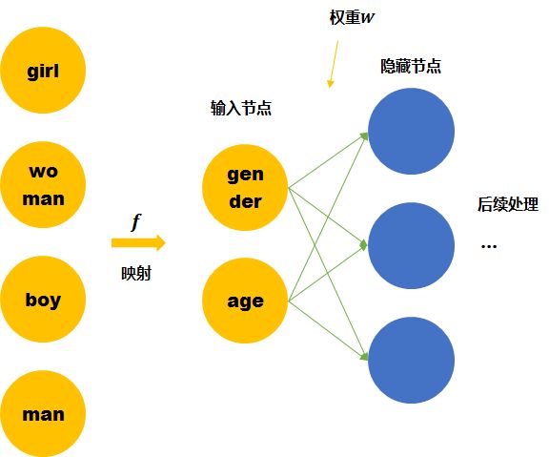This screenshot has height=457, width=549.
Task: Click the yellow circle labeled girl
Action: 43,71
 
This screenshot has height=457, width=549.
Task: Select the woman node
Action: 43,185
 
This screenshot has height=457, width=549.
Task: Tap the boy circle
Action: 43,299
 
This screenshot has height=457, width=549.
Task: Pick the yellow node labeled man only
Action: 43,413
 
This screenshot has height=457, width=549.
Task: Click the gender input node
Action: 245,188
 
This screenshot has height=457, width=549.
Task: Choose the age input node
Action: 245,301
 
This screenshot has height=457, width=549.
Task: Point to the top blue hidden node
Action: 412,131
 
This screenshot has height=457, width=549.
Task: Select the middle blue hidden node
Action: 412,245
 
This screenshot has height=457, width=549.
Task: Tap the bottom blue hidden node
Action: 412,361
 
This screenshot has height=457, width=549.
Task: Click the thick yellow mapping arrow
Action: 138,243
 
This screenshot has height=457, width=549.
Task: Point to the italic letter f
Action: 136,222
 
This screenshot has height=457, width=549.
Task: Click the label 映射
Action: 136,274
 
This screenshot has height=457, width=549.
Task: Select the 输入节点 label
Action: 241,108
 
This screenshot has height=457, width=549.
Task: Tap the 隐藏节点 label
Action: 411,66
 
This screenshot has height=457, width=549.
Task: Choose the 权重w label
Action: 352,17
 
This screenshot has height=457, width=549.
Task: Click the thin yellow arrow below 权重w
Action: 333,64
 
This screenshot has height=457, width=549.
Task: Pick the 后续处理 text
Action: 508,204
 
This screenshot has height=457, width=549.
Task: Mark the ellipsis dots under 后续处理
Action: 489,246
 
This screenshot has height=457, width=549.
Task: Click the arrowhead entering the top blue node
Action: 364,136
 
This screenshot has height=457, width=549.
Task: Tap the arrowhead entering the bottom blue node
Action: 364,357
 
